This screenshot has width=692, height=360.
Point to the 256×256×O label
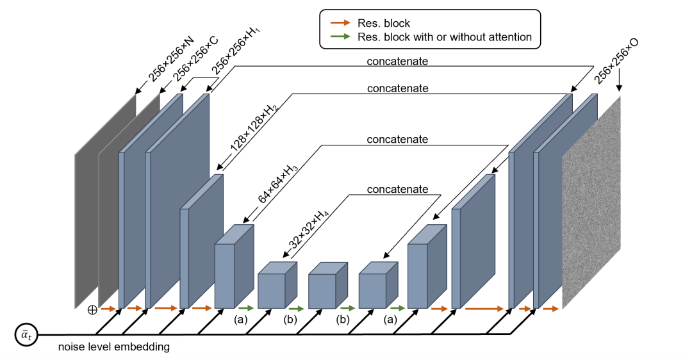616,61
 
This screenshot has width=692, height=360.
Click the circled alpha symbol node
26,334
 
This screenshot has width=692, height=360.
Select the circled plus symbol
92,309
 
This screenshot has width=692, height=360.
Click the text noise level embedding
114,347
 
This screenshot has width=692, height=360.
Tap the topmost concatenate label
397,61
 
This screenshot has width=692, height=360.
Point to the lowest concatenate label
397,190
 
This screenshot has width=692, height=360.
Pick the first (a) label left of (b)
241,318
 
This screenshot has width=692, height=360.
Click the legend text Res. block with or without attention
445,37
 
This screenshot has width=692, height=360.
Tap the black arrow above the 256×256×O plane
618,82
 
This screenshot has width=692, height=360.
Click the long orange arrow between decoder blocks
484,309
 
